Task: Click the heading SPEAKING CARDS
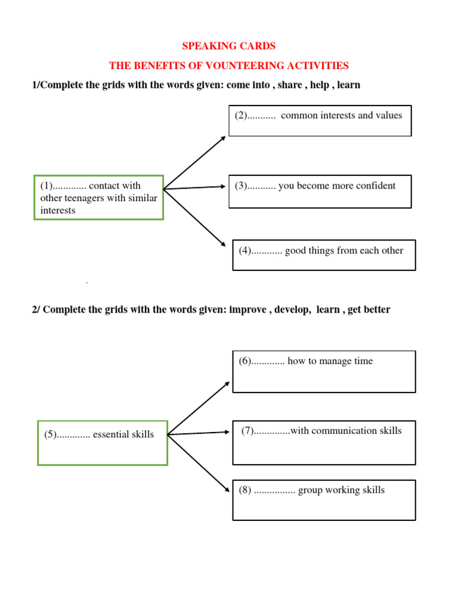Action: click(x=228, y=46)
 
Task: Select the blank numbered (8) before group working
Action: click(x=275, y=490)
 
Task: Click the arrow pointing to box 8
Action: click(x=199, y=463)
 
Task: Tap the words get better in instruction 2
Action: click(x=369, y=310)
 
